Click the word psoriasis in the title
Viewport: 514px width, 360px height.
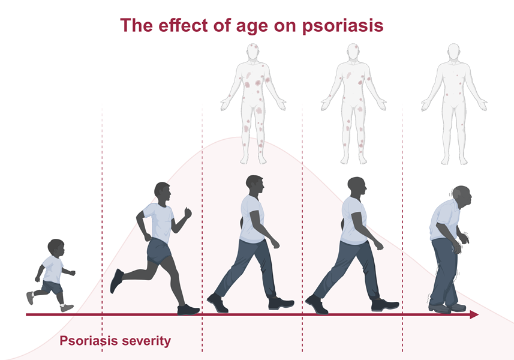342,26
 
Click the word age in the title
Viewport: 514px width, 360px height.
252,26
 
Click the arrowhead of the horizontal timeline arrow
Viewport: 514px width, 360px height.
474,315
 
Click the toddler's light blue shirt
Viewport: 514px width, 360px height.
53,269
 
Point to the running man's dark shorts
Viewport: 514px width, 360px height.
159,251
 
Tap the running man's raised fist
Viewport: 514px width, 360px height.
188,212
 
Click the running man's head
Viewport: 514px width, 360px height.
163,193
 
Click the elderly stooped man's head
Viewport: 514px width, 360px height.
462,197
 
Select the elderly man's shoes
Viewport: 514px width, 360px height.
447,308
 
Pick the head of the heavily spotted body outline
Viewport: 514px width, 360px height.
253,52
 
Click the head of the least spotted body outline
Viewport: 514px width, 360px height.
453,52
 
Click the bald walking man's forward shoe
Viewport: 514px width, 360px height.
385,305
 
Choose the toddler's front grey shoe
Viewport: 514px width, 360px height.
67,308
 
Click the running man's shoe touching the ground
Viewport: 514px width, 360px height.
188,310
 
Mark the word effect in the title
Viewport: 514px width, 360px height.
182,26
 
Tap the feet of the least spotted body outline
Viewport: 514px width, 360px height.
454,161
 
